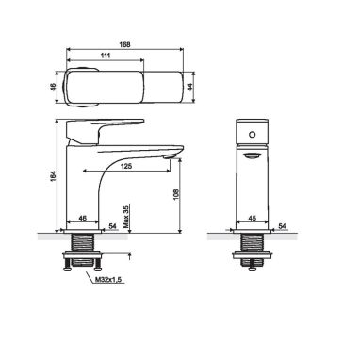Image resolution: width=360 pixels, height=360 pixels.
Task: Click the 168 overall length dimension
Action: coord(124,44)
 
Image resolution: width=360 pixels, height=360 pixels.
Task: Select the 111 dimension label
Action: coord(106,56)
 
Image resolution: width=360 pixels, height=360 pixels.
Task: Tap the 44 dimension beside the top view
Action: coord(189,87)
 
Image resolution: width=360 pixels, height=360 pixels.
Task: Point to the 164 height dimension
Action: coord(53,176)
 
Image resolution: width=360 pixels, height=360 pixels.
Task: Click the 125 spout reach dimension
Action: coord(126,166)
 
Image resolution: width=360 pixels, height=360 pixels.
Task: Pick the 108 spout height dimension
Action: coord(176,194)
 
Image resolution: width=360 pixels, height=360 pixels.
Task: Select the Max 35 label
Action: coord(126,217)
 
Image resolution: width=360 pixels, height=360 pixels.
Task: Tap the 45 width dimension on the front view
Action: coord(253,218)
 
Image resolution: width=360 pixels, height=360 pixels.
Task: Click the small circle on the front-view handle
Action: coord(252,135)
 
